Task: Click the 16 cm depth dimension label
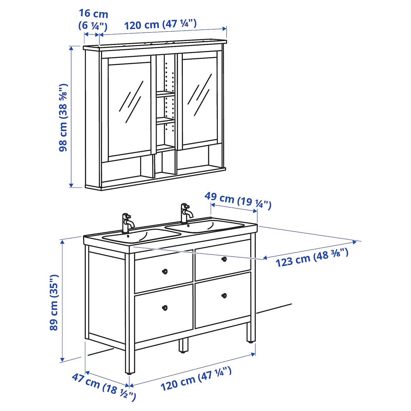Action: click(93, 20)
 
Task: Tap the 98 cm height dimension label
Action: click(63, 117)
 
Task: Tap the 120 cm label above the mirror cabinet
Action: click(160, 24)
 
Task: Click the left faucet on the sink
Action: click(128, 223)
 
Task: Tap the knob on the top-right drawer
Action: click(224, 259)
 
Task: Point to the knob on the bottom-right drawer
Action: click(224, 295)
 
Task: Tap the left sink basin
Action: click(142, 236)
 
